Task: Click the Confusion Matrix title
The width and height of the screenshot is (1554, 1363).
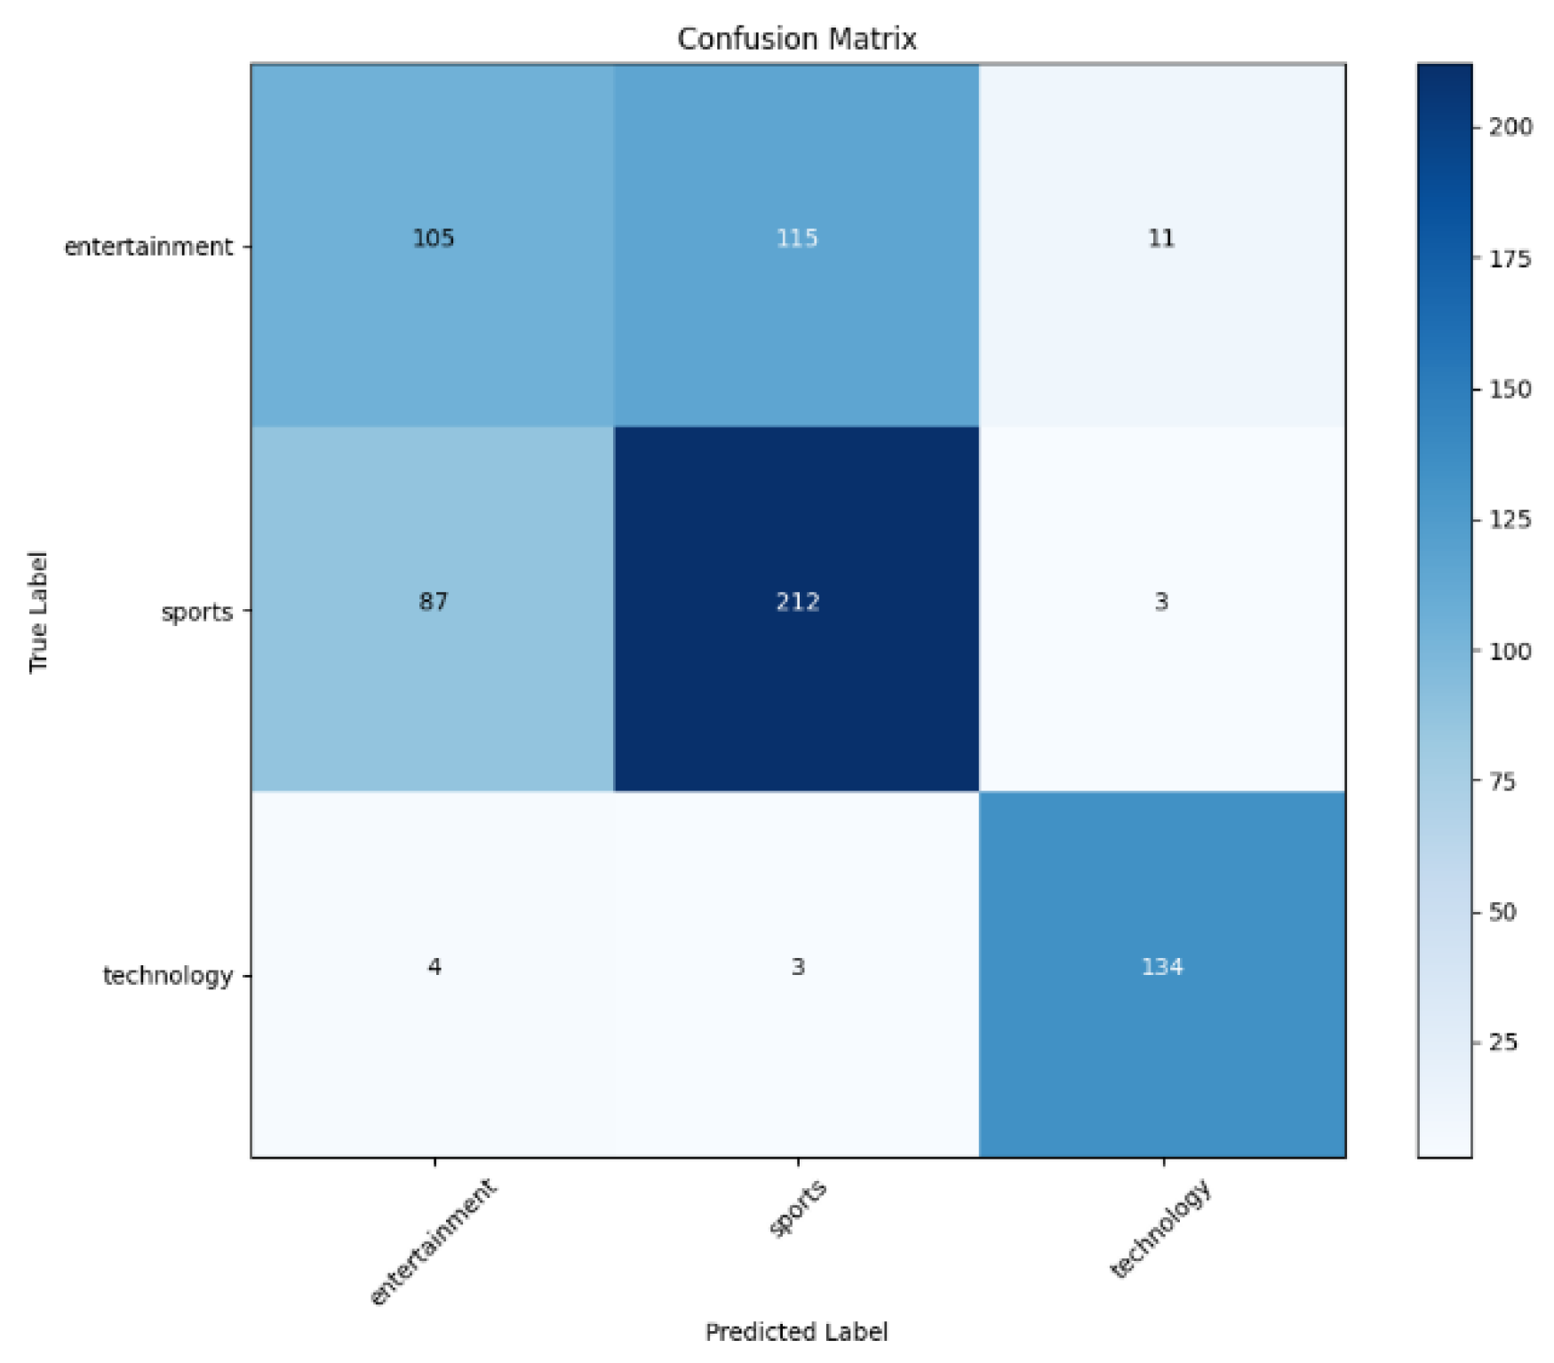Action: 796,39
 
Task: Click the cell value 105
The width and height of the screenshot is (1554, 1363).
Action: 434,238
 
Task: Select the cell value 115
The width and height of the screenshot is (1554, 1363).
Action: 797,238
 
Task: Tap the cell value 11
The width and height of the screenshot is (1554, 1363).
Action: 1161,238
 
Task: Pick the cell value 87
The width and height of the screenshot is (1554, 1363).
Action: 434,602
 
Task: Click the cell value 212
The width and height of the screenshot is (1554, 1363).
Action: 797,602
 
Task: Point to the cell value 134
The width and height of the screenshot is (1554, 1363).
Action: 1162,966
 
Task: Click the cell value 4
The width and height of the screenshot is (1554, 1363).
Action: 434,966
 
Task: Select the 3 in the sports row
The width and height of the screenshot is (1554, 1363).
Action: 1161,602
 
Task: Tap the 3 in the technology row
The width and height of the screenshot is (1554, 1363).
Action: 798,966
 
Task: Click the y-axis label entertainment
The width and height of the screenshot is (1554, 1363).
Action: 147,247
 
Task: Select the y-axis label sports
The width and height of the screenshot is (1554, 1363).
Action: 196,612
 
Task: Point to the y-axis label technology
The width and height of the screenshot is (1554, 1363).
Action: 168,976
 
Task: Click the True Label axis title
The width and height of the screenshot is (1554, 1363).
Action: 38,612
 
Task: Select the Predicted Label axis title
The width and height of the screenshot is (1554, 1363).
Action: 796,1332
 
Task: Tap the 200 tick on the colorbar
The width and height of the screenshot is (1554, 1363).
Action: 1510,128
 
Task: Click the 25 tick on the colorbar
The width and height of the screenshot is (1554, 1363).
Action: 1503,1042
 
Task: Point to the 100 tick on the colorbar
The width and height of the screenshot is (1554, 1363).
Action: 1510,652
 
